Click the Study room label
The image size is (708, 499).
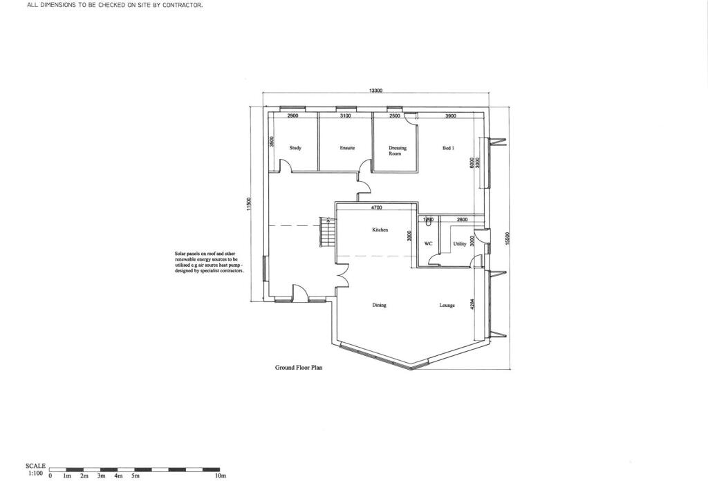(x=295, y=148)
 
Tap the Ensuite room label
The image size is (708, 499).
(x=347, y=148)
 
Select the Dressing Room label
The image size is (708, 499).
(x=398, y=151)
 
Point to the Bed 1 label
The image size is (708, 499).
(x=448, y=148)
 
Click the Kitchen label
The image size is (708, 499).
(x=380, y=229)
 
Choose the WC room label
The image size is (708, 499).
(x=428, y=243)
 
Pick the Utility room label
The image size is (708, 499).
(x=460, y=244)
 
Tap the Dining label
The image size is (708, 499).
(x=380, y=305)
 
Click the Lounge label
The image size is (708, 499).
(x=447, y=305)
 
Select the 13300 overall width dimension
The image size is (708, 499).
(x=376, y=91)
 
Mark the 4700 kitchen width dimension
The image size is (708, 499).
(x=377, y=207)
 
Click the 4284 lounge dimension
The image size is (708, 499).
(x=472, y=305)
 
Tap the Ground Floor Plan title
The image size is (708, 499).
(x=299, y=368)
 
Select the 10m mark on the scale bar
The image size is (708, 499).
(x=220, y=476)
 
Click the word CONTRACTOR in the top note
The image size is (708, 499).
(x=183, y=6)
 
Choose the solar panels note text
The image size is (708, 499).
(x=209, y=263)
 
